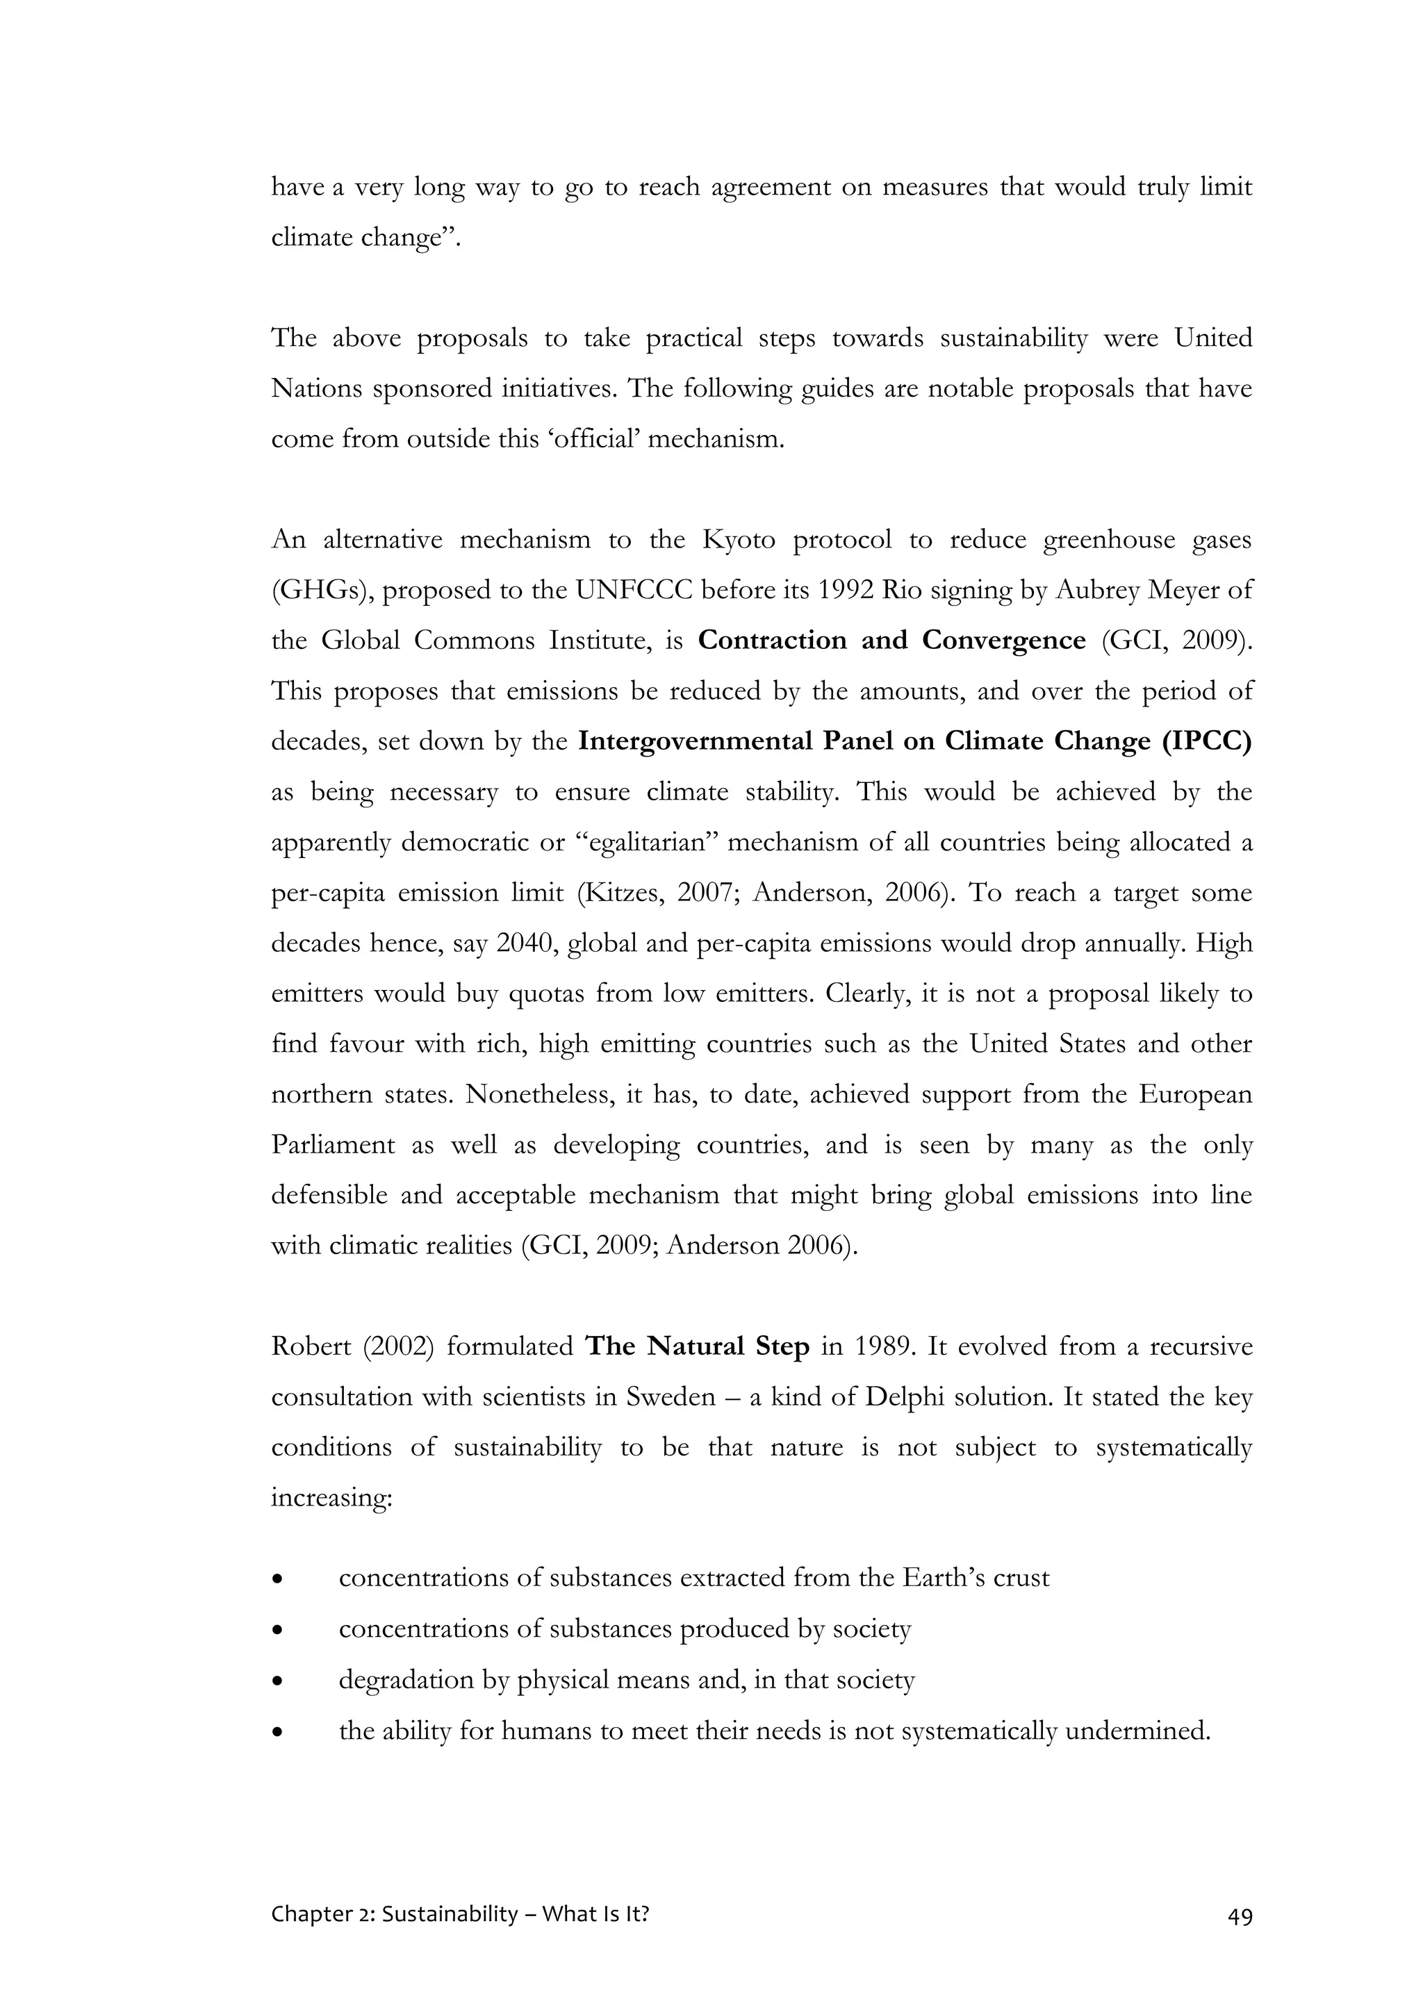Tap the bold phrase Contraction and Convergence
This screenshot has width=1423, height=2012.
pos(891,641)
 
